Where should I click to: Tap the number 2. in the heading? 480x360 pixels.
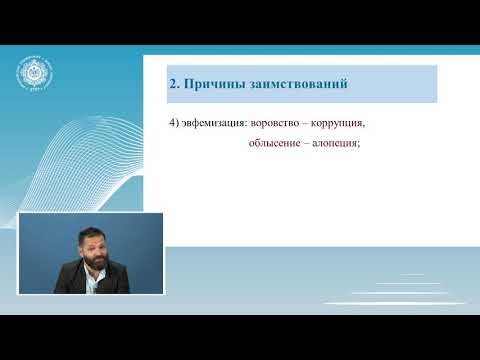tap(173, 83)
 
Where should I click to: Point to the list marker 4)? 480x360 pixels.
tap(173, 123)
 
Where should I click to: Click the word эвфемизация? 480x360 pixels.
tap(213, 123)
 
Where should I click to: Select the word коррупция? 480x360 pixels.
tap(338, 123)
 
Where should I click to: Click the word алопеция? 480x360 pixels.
tap(333, 142)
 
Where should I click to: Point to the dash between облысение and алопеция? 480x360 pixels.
tap(302, 142)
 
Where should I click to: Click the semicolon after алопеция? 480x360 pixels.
tap(358, 143)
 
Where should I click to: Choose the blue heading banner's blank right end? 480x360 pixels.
tap(410, 83)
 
